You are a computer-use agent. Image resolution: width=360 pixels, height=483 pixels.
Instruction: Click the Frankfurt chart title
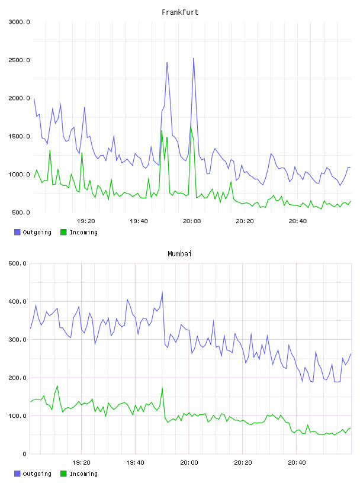tap(180, 12)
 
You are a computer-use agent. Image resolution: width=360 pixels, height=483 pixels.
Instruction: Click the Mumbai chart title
tap(179, 253)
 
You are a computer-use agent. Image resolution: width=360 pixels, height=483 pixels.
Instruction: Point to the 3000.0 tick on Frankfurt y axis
tap(19, 22)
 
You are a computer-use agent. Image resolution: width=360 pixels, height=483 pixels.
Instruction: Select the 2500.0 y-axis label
tap(19, 60)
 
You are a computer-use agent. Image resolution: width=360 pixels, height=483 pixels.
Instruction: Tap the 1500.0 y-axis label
tap(19, 137)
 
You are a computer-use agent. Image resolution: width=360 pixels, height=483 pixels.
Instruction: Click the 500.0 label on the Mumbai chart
tap(17, 263)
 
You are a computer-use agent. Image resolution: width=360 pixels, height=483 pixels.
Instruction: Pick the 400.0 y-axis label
tap(17, 301)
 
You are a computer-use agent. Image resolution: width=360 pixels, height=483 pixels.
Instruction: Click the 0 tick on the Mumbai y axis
tap(24, 454)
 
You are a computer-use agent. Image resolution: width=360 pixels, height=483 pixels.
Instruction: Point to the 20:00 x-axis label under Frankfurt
tap(192, 221)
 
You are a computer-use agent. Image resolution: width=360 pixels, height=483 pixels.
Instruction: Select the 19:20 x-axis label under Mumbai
tap(81, 463)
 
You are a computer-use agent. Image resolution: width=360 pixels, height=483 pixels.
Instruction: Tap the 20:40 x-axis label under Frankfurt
tap(298, 221)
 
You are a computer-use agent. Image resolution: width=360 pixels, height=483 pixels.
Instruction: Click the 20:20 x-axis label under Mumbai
tap(243, 463)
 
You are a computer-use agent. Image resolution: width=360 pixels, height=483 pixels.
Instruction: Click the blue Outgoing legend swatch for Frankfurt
tap(17, 232)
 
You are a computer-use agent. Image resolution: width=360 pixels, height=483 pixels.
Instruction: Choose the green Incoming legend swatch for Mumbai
tap(63, 474)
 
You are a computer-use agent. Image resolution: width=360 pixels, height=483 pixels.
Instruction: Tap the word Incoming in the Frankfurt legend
tap(83, 233)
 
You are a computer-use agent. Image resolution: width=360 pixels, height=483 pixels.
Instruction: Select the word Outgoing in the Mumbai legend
tap(37, 474)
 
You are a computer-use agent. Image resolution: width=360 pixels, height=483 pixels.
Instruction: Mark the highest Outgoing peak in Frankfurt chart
tap(194, 58)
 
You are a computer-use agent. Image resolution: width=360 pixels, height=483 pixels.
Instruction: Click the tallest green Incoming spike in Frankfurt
tap(191, 127)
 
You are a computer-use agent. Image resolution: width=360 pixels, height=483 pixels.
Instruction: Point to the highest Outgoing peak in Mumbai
tap(162, 292)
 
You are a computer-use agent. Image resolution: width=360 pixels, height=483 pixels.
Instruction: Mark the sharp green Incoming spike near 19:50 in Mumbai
tap(162, 388)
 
